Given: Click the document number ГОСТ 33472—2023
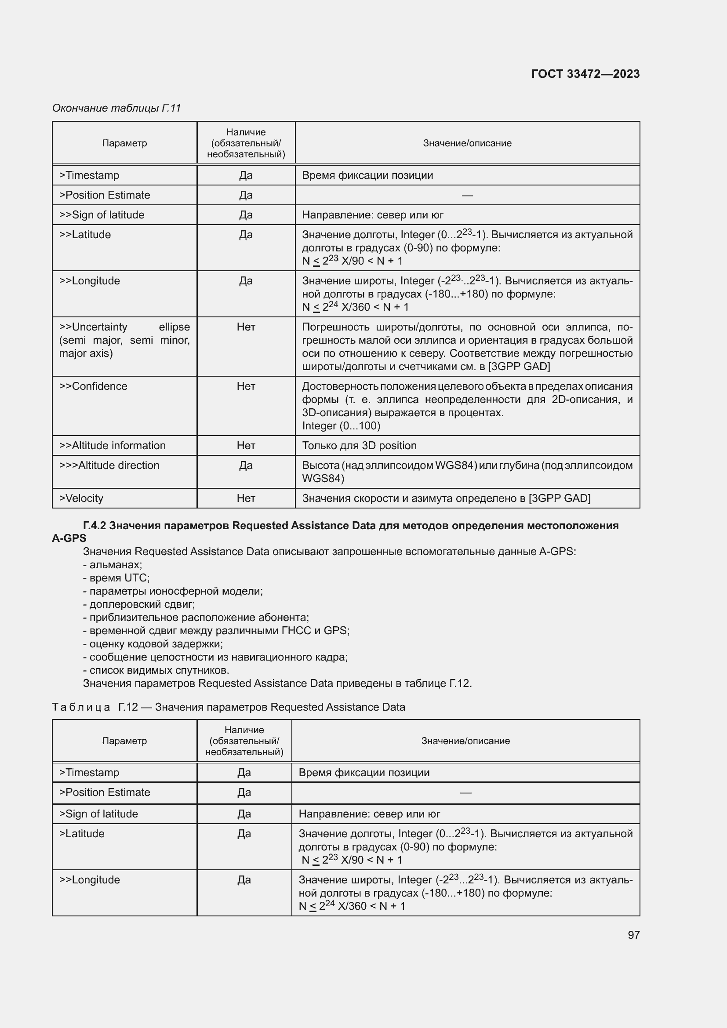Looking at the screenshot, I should click(x=585, y=74).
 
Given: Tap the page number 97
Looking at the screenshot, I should click(x=633, y=934).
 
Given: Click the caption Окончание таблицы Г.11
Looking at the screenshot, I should click(x=116, y=108).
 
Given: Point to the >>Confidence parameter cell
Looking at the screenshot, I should click(x=93, y=386).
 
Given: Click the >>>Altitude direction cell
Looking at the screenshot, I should click(x=109, y=465).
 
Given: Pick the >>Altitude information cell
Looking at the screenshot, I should click(x=113, y=446).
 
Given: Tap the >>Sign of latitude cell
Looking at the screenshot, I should click(x=102, y=214).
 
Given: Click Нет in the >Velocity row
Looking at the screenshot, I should click(x=246, y=498).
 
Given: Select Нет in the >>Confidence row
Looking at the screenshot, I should click(x=246, y=386).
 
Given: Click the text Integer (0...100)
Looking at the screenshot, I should click(x=341, y=426).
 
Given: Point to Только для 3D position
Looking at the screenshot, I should click(x=359, y=446).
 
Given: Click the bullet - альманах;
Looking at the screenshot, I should click(x=113, y=565).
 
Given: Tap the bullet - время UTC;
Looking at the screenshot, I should click(x=116, y=578).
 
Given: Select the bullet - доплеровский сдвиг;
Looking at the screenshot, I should click(x=139, y=604).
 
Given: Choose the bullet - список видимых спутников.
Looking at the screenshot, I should click(x=156, y=670).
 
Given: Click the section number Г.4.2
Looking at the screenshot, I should click(x=94, y=525).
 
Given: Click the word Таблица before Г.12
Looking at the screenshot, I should click(x=81, y=707).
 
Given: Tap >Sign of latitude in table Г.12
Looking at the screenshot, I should click(x=98, y=814).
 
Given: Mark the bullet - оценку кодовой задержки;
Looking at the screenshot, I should click(x=153, y=644).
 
